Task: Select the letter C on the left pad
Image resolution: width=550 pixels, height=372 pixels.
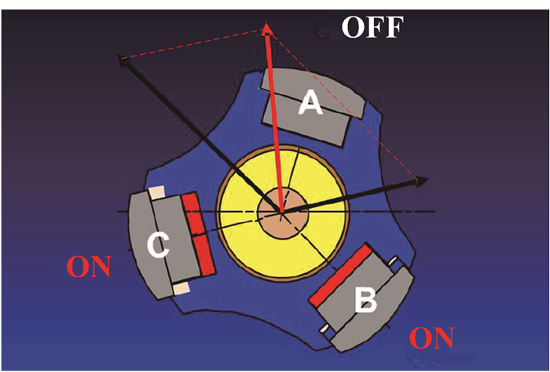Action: coord(158,246)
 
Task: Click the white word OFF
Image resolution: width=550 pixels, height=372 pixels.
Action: coord(372,29)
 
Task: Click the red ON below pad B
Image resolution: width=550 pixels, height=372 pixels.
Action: coord(433,338)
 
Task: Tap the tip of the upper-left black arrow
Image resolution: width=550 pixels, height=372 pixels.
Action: coord(119,58)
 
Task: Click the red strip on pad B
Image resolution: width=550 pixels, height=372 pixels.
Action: coord(343,276)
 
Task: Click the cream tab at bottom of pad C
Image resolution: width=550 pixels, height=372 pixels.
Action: coord(181,289)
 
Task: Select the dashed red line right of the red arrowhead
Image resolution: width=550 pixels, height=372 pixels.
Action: coord(346,103)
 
